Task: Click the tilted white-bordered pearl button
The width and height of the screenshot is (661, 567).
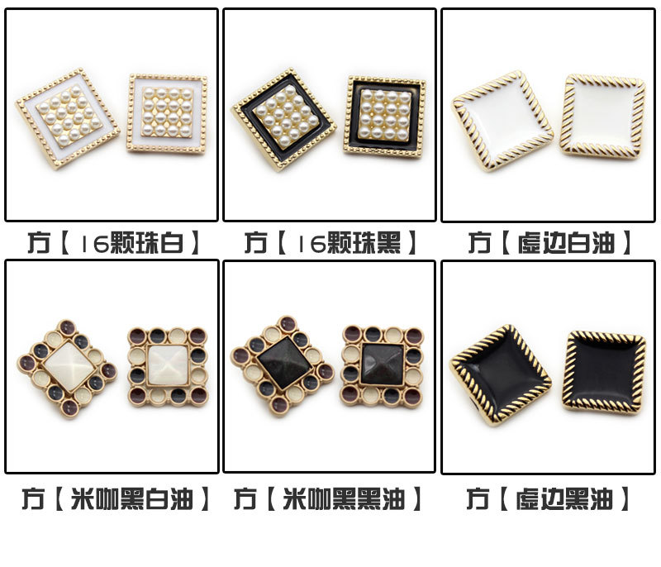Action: pos(69,119)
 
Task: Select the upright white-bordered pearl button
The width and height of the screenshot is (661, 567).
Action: pos(168,113)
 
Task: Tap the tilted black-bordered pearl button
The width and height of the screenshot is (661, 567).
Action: pos(284,118)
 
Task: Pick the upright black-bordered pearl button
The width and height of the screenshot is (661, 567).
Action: pos(384,116)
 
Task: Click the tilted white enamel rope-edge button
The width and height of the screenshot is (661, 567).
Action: pos(502,121)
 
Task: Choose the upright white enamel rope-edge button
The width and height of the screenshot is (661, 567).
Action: pos(602,117)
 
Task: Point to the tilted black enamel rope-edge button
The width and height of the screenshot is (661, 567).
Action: pos(502,375)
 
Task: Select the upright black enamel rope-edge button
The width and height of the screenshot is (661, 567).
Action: pos(604,372)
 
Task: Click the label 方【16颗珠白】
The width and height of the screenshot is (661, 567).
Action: pos(113,242)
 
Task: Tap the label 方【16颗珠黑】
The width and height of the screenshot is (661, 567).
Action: pos(330,242)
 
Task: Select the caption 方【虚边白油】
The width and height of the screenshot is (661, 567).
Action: pos(549,242)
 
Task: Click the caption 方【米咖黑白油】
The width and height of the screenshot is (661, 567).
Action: pos(116,498)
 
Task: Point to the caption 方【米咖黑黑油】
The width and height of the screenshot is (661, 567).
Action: pos(328,498)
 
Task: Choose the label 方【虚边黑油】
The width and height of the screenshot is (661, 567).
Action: pos(548,498)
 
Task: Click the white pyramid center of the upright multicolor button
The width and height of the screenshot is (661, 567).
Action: pos(168,365)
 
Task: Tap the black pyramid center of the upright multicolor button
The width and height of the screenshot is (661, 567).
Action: pos(383,364)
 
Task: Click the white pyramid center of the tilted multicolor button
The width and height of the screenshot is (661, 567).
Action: pos(69,367)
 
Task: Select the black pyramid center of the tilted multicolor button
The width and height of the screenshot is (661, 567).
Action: pos(283,364)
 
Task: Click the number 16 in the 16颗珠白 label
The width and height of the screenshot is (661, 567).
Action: pos(95,243)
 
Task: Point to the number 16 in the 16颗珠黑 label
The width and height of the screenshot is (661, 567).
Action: pos(311,243)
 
